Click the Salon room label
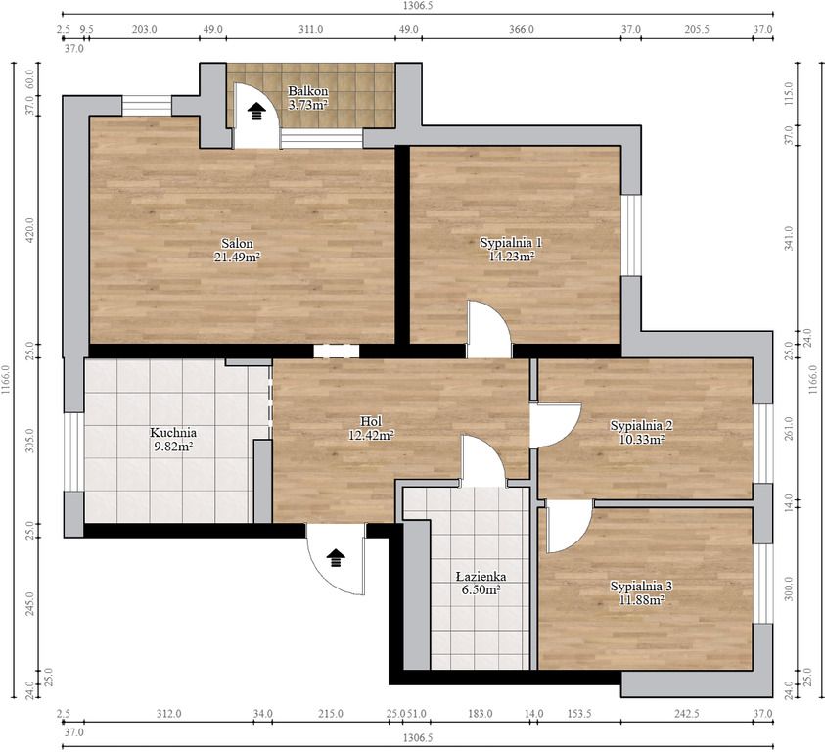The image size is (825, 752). (x=237, y=243)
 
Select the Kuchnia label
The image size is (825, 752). (x=173, y=433)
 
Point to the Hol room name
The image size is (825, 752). (x=371, y=421)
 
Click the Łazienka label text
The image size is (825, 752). (x=481, y=577)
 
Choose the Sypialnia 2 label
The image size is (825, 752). (x=641, y=425)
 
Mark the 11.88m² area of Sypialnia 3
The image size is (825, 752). (x=641, y=599)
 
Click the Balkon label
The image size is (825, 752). (x=308, y=91)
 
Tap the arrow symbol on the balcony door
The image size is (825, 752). (x=256, y=112)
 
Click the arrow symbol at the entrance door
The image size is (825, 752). (x=337, y=558)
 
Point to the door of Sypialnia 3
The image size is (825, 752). (x=570, y=526)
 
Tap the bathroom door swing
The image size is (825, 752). (x=483, y=461)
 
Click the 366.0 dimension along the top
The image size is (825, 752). (x=522, y=29)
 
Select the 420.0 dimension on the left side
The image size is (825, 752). (x=30, y=230)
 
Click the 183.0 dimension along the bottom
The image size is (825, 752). (x=481, y=714)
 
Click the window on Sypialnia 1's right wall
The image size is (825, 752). (x=631, y=235)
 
